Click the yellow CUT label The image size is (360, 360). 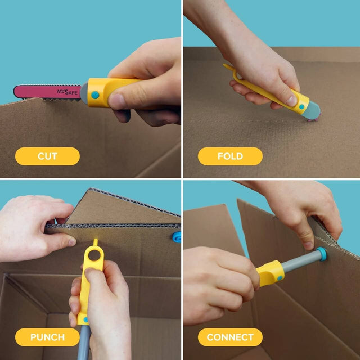coord(47,156)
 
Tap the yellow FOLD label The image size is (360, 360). coord(229,156)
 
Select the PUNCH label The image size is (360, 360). coord(47,337)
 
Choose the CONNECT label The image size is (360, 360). coord(230,337)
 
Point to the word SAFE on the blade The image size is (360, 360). coord(72,91)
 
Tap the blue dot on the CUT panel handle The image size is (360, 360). coord(96,94)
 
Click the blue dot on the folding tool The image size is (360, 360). coord(301,106)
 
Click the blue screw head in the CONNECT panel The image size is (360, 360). coord(321,254)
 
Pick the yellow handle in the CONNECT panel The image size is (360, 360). coord(271,273)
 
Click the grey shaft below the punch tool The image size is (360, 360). coord(84,340)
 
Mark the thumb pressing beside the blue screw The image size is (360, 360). coord(307,243)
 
